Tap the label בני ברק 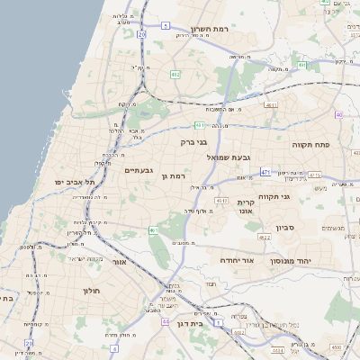[194, 140]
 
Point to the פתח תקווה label [312, 143]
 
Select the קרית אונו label [247, 209]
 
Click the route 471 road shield [265, 171]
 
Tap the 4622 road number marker [265, 237]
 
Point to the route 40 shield [338, 114]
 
